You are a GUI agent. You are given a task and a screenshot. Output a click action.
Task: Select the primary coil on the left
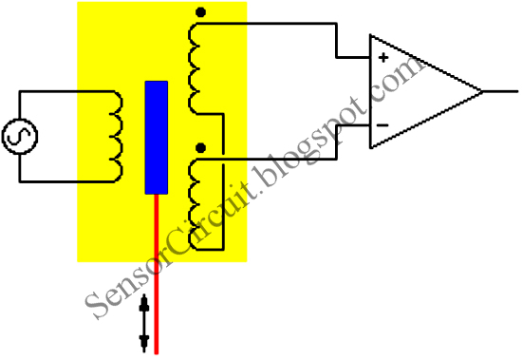[114, 136]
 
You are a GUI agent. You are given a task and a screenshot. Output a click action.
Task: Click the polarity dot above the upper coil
[199, 12]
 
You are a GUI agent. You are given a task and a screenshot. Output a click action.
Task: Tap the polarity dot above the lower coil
[199, 147]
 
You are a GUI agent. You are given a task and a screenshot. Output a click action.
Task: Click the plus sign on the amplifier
[383, 57]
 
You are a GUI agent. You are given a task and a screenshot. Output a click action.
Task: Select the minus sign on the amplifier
[382, 123]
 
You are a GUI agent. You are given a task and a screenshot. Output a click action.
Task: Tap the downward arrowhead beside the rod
[144, 339]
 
